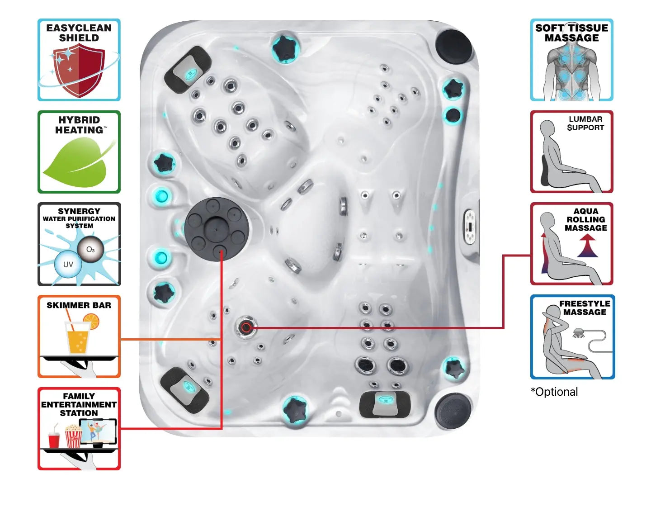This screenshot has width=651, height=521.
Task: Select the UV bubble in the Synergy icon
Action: (x=68, y=265)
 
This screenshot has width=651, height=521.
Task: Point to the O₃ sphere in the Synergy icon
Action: (x=90, y=249)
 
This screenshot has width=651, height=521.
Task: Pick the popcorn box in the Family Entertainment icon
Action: (x=73, y=437)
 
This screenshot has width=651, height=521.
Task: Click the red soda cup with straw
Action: (x=54, y=439)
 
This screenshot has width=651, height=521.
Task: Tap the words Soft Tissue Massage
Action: (x=571, y=33)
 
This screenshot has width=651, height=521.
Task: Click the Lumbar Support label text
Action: (x=585, y=123)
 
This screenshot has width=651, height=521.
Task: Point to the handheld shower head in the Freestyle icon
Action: (x=579, y=333)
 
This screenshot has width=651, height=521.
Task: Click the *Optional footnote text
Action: (x=554, y=392)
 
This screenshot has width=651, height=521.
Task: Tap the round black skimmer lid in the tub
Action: (x=217, y=229)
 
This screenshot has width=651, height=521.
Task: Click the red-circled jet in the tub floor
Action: (x=246, y=327)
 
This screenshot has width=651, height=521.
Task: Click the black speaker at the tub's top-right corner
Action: (x=453, y=45)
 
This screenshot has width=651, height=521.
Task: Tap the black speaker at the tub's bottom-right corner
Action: (x=453, y=411)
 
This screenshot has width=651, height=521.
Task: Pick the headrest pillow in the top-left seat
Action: (x=188, y=71)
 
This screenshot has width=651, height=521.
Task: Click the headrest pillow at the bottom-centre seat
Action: (x=385, y=403)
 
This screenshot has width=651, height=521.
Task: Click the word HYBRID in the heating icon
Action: (x=79, y=120)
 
